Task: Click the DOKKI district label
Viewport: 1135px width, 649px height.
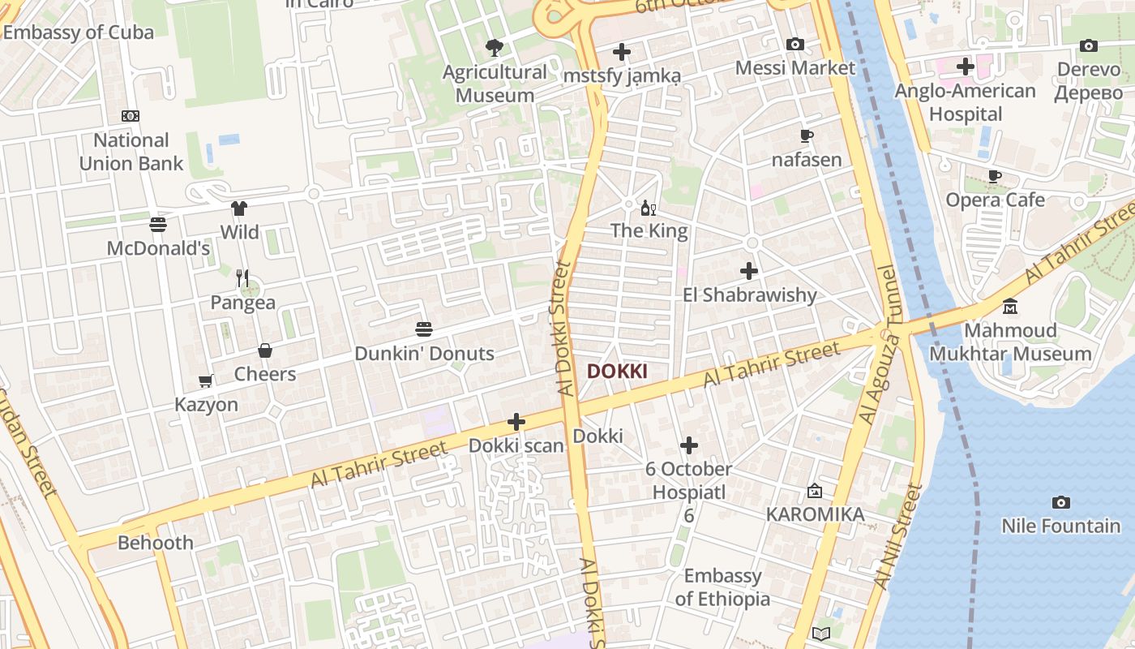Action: click(x=617, y=372)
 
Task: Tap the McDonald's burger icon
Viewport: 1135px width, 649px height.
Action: click(x=158, y=225)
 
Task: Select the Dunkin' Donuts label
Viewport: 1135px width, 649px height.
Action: click(x=424, y=354)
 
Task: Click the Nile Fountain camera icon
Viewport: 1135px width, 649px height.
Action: click(x=1060, y=503)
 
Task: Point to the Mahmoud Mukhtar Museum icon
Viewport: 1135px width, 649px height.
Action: click(x=1010, y=307)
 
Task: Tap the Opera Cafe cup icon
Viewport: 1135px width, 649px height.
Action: click(x=995, y=177)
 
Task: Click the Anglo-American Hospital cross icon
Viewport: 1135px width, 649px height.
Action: click(x=965, y=67)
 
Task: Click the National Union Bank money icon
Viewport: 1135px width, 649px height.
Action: click(x=131, y=116)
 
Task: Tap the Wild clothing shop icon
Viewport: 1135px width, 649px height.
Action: click(x=238, y=208)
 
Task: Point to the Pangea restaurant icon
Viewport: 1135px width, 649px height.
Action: click(x=242, y=278)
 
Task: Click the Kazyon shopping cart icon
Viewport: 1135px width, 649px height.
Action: click(x=206, y=380)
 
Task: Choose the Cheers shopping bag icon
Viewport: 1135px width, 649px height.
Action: click(x=265, y=350)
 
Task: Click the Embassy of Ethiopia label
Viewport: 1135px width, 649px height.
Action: click(x=722, y=587)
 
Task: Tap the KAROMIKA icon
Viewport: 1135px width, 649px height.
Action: click(x=815, y=491)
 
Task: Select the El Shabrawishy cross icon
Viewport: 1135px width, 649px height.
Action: click(x=749, y=271)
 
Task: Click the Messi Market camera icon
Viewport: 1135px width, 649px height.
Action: click(x=795, y=45)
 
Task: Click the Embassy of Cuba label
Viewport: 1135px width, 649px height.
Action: click(x=79, y=32)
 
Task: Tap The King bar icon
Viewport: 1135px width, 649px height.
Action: click(x=649, y=208)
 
